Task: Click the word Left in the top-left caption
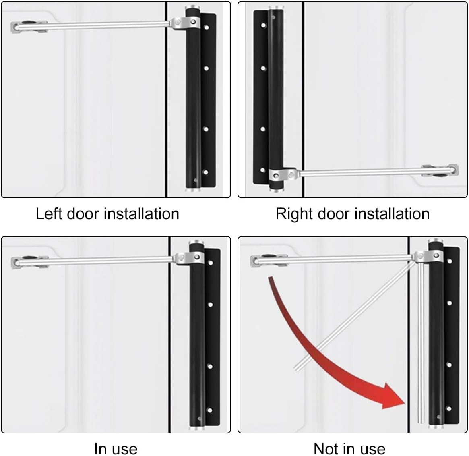49,213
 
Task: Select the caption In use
116,448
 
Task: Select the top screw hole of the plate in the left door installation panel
207,28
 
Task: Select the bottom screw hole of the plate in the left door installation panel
206,172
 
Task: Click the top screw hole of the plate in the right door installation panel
263,25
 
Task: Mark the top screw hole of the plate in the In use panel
210,263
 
